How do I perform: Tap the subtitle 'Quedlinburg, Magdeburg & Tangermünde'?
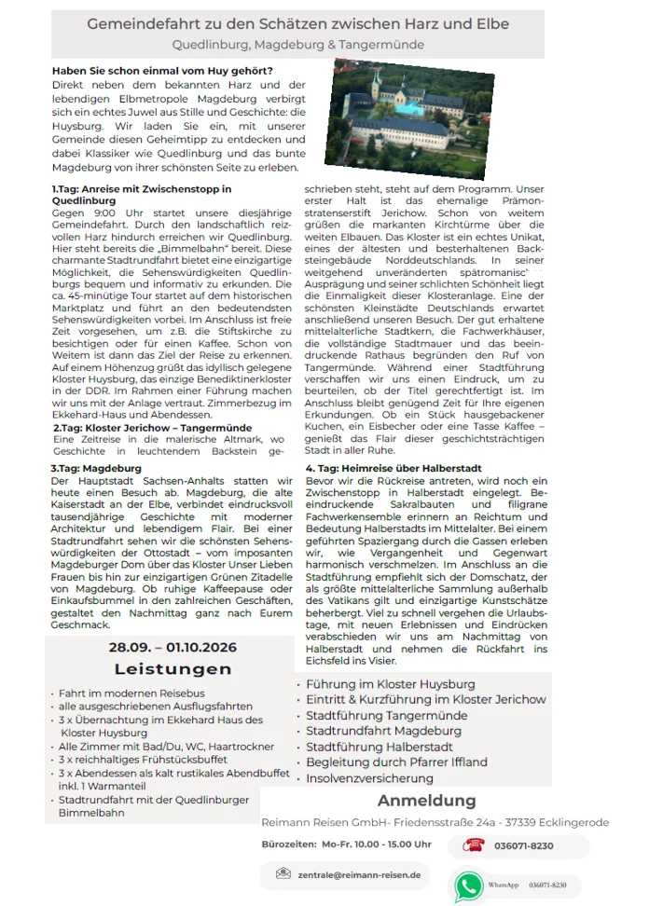click(x=298, y=45)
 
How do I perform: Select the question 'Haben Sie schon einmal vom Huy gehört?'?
click(x=162, y=71)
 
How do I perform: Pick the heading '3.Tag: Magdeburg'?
click(x=97, y=467)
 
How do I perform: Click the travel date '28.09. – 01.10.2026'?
click(x=173, y=647)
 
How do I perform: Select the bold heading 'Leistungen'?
click(x=173, y=669)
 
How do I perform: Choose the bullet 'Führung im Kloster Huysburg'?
click(x=390, y=684)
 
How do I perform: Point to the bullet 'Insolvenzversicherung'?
click(x=369, y=778)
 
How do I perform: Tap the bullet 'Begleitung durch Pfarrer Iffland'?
click(x=396, y=762)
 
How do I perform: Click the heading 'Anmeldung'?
click(x=426, y=801)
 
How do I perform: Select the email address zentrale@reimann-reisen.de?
click(x=358, y=874)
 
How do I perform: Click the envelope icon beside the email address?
click(x=283, y=874)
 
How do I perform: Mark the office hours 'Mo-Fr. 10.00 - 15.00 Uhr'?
click(x=377, y=844)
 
